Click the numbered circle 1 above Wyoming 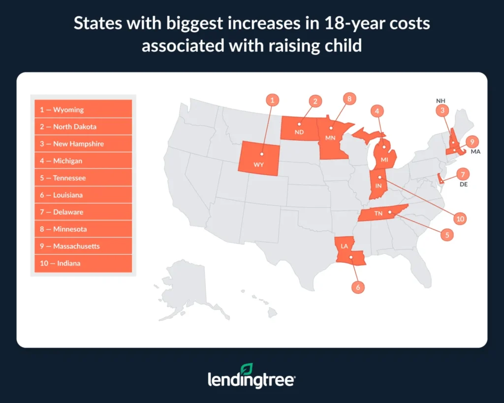click(x=272, y=100)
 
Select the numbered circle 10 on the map click(x=460, y=218)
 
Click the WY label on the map click(x=259, y=165)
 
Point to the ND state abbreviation click(x=299, y=132)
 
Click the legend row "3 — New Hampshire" click(x=83, y=144)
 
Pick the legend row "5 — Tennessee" click(x=83, y=178)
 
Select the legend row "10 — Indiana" click(x=83, y=263)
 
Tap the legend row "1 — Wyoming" click(x=83, y=110)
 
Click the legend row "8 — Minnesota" click(x=83, y=229)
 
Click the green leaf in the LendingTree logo click(x=247, y=369)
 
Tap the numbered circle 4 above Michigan click(x=377, y=111)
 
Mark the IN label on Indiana click(x=378, y=185)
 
